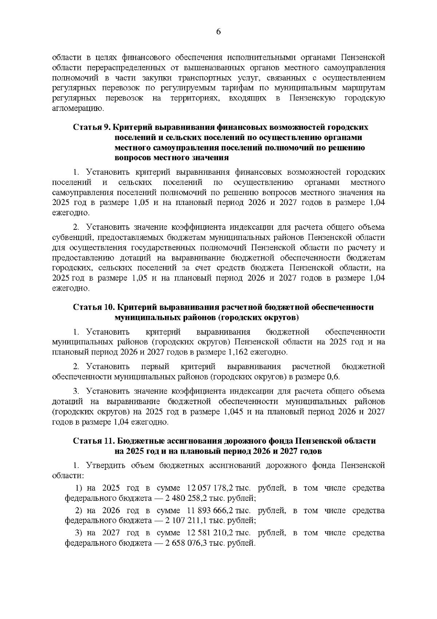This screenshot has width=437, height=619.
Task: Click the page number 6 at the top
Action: pos(219,32)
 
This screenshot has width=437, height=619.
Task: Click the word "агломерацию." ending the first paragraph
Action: pos(78,109)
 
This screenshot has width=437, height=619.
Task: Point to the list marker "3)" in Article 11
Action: pos(79,533)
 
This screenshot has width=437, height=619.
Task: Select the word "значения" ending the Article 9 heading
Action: pos(211,158)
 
